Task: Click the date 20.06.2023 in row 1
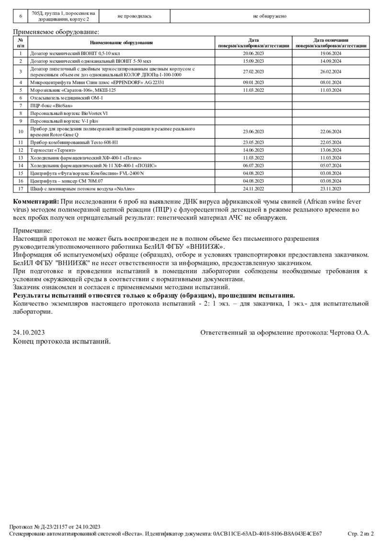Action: coord(253,54)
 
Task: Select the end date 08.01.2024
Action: coord(331,82)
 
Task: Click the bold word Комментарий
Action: coord(36,201)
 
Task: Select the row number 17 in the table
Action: coord(21,188)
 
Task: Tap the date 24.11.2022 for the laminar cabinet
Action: coord(253,188)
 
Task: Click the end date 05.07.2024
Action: coord(331,165)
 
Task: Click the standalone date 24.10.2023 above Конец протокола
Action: coord(29,332)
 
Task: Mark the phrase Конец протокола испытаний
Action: coord(62,341)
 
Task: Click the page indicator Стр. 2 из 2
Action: coord(360,533)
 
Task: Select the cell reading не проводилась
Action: coord(135,16)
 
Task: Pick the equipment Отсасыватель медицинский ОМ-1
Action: coord(67,98)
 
